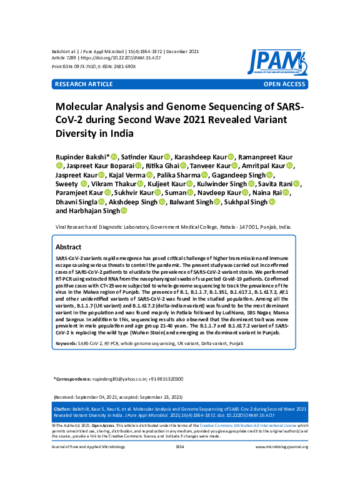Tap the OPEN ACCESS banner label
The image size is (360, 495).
(x=285, y=83)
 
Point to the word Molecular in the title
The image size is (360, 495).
(x=81, y=107)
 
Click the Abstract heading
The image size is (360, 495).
(x=68, y=247)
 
